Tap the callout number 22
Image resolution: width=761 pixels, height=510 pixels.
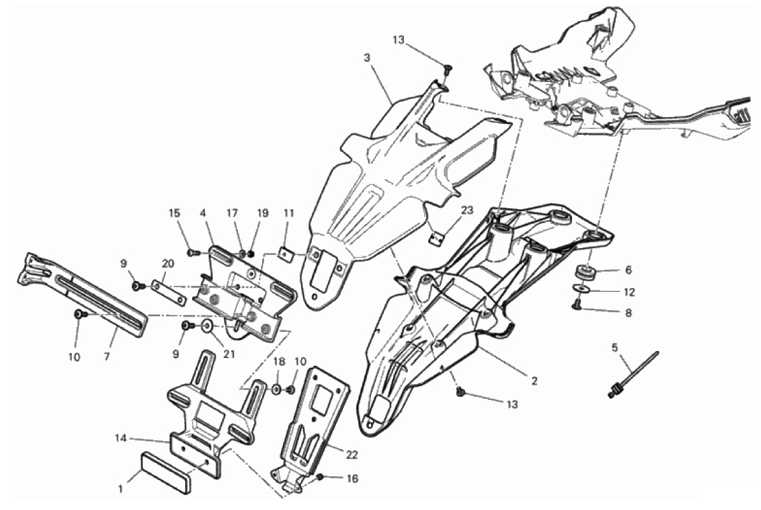(353, 455)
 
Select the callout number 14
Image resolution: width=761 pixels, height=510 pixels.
(120, 438)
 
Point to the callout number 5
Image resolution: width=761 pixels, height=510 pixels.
(615, 347)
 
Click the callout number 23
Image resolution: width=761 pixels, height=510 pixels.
(468, 210)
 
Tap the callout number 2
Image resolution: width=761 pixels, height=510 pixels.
(534, 382)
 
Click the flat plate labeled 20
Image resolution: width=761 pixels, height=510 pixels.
(170, 290)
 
